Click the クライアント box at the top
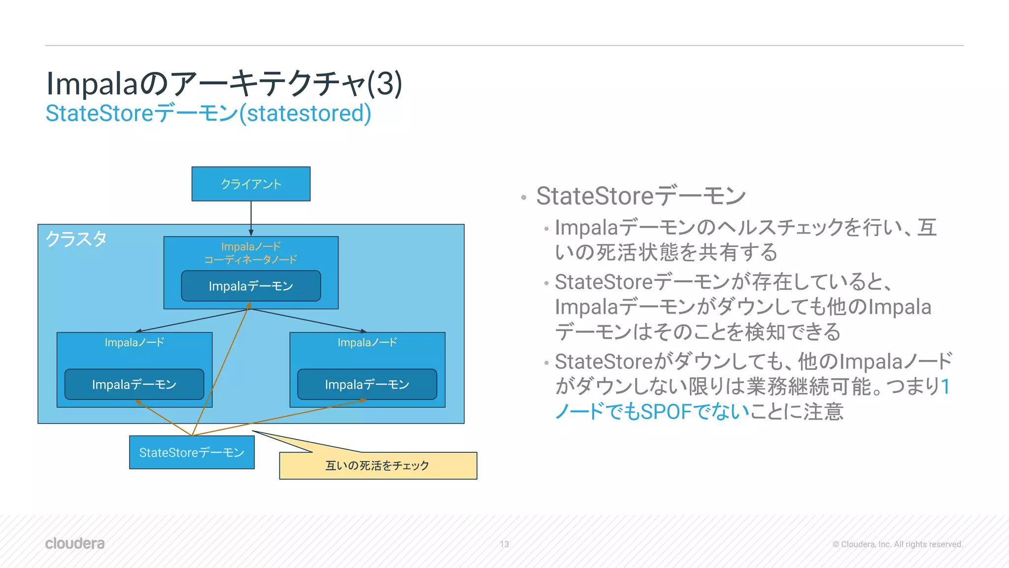251,184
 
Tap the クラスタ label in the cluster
76,239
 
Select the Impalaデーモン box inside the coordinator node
251,286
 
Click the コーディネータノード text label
251,260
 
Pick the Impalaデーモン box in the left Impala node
134,385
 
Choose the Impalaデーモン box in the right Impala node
367,385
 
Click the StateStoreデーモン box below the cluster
192,453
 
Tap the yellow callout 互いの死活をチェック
378,466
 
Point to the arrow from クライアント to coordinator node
251,217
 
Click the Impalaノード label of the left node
134,343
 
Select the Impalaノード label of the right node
367,343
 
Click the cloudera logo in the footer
75,543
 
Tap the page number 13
504,544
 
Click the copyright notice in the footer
897,544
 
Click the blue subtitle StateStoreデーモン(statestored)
208,113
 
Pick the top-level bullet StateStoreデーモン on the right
640,196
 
